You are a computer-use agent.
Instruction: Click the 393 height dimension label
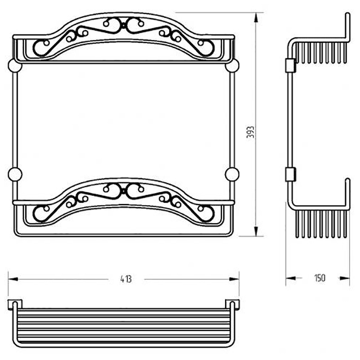pyautogui.click(x=251, y=132)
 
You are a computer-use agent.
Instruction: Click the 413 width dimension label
pyautogui.click(x=126, y=279)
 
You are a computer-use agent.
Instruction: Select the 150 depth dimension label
pyautogui.click(x=320, y=278)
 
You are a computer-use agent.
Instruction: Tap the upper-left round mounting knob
pyautogui.click(x=15, y=66)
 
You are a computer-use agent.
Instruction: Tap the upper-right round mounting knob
pyautogui.click(x=232, y=66)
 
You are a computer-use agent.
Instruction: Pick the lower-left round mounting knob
pyautogui.click(x=15, y=175)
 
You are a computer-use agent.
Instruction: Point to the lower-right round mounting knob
pyautogui.click(x=232, y=175)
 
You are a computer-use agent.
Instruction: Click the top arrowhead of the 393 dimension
pyautogui.click(x=256, y=18)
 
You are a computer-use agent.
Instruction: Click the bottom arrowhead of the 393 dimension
pyautogui.click(x=256, y=231)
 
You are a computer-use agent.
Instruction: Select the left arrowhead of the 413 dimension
pyautogui.click(x=13, y=279)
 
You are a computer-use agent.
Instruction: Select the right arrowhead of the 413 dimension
pyautogui.click(x=234, y=279)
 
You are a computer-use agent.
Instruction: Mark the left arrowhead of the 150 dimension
pyautogui.click(x=291, y=278)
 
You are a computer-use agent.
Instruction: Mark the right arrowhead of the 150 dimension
pyautogui.click(x=345, y=278)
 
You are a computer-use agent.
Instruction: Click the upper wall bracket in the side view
pyautogui.click(x=290, y=65)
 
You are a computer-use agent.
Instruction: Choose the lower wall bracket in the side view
pyautogui.click(x=290, y=175)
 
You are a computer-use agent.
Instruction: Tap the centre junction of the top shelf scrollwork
pyautogui.click(x=123, y=25)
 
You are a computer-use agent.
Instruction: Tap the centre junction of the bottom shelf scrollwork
pyautogui.click(x=123, y=190)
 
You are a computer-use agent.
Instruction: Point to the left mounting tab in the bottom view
pyautogui.click(x=15, y=305)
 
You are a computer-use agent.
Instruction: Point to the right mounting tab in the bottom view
pyautogui.click(x=232, y=305)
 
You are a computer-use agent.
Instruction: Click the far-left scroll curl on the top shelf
pyautogui.click(x=41, y=48)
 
